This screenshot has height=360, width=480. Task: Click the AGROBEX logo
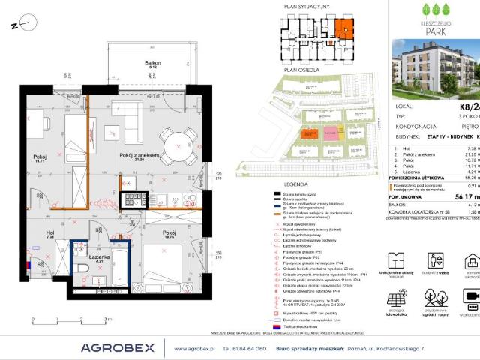coord(118,347)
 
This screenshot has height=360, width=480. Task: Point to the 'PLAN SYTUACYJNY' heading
coord(306,6)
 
